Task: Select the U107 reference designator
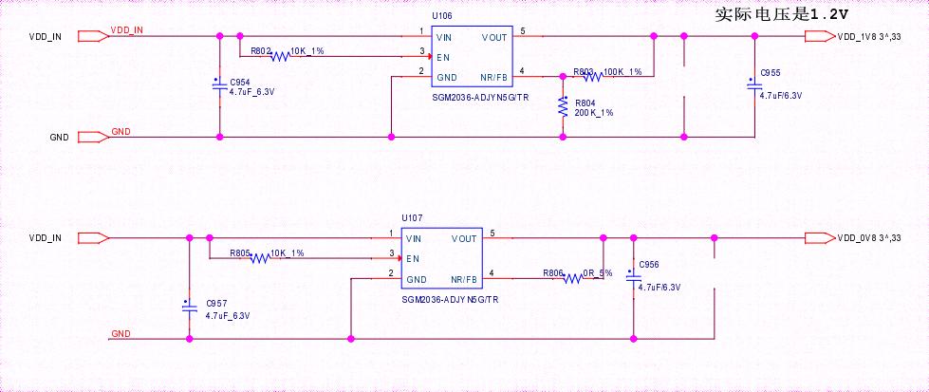click(x=411, y=217)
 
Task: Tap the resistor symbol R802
click(x=279, y=56)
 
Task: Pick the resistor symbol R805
click(x=259, y=258)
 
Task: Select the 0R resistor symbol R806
click(x=572, y=278)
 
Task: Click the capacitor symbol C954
click(x=220, y=86)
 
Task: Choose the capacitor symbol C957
click(x=189, y=306)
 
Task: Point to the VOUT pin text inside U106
click(x=494, y=37)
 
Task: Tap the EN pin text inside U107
click(x=413, y=258)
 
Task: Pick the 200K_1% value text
click(x=594, y=113)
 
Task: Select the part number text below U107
click(x=450, y=299)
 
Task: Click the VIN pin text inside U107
click(x=415, y=238)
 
